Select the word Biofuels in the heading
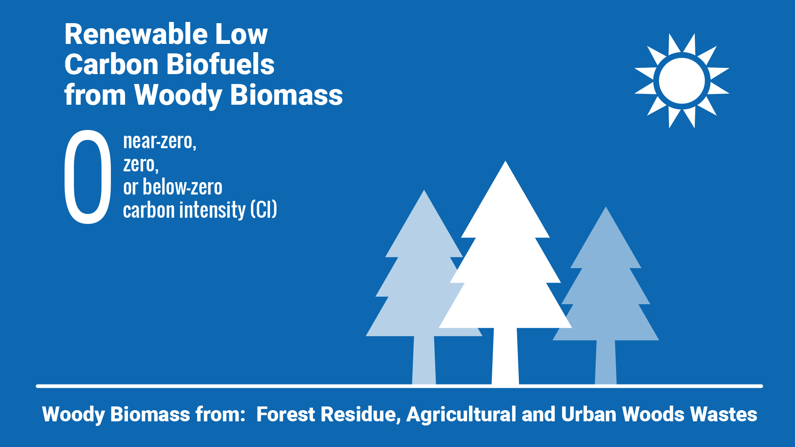221,65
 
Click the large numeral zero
87,177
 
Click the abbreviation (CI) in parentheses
264,210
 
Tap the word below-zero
183,187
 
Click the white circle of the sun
682,81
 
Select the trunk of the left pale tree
424,360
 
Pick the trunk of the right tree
606,363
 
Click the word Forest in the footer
286,414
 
